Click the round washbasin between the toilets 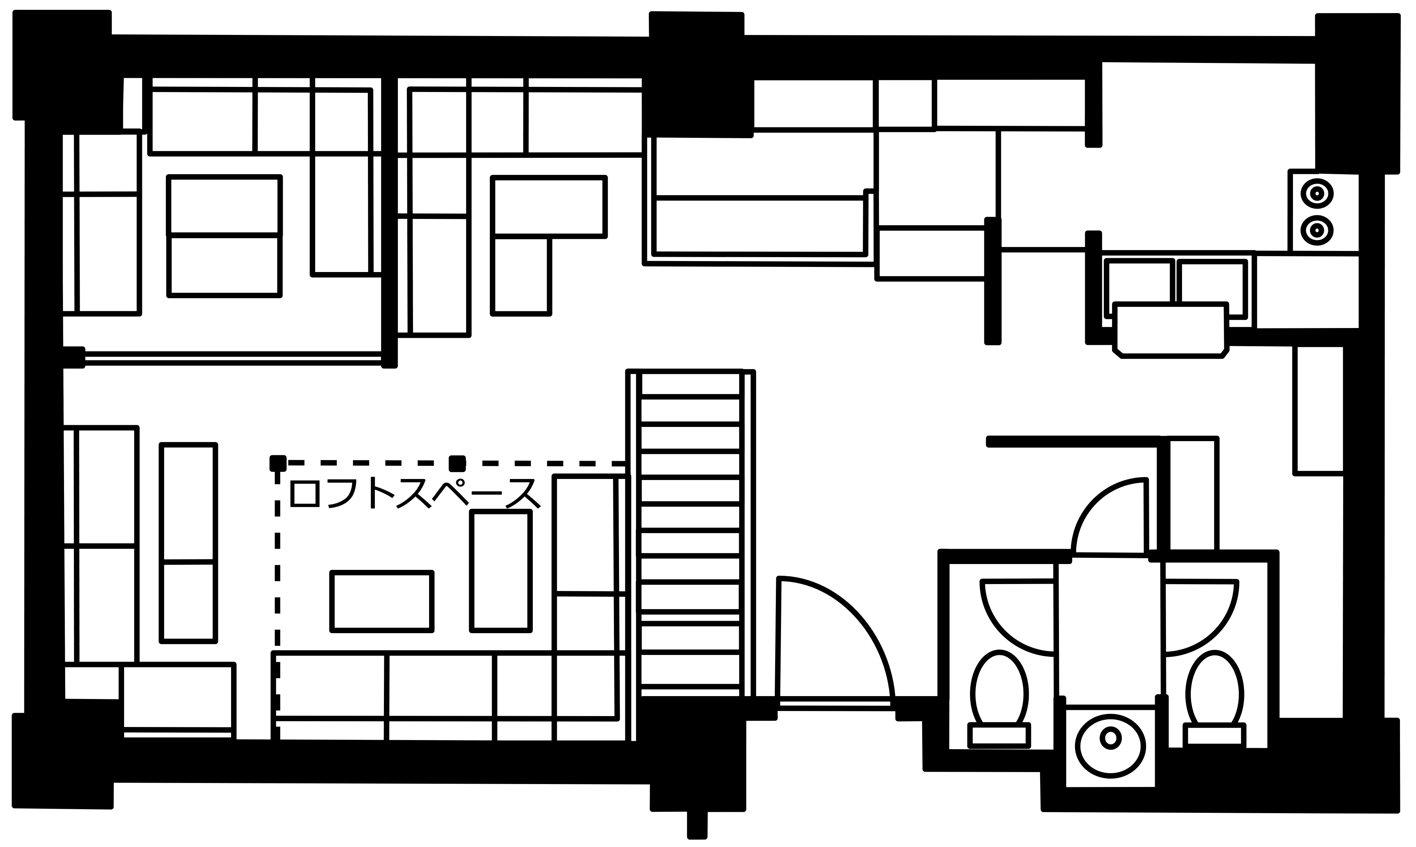[x=1111, y=746]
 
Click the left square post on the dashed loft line [x=278, y=463]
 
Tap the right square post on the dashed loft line [x=457, y=463]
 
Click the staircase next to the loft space [x=691, y=534]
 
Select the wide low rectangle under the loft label [x=381, y=602]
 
